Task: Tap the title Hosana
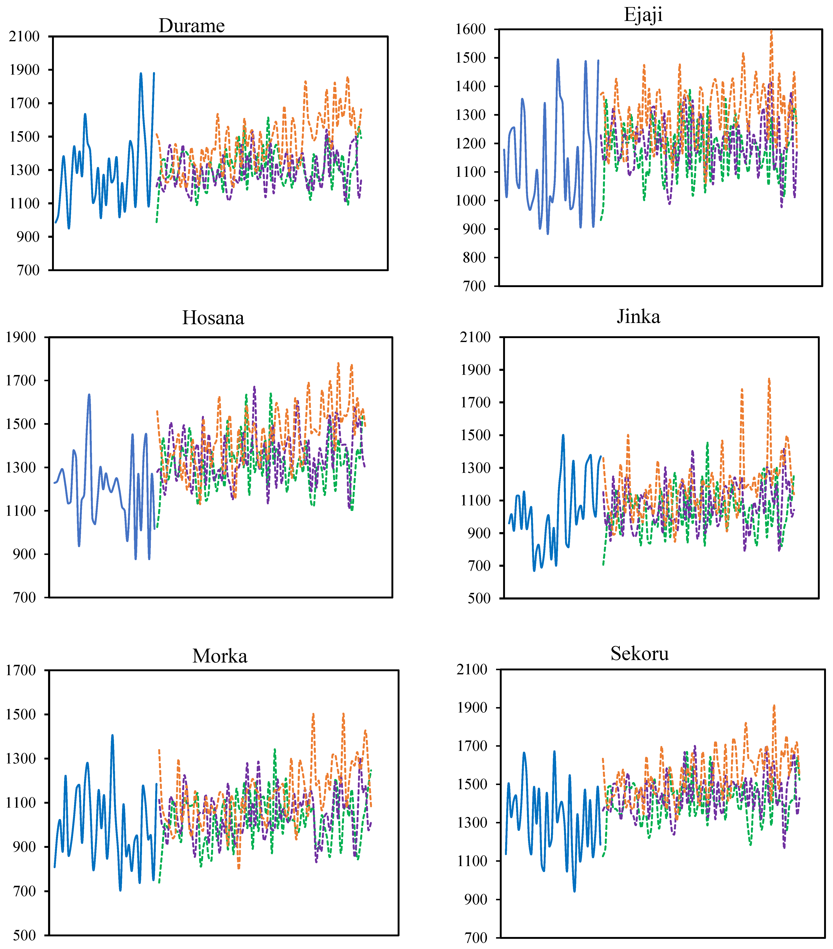213,318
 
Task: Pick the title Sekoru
639,654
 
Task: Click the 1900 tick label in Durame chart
25,70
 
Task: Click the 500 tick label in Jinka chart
479,598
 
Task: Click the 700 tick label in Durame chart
28,270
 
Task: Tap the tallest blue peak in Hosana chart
89,395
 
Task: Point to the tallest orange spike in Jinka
769,379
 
